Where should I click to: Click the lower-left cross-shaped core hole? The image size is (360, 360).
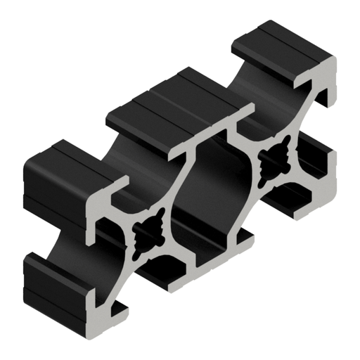[x=149, y=232]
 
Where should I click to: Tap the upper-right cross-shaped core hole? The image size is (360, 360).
[x=272, y=162]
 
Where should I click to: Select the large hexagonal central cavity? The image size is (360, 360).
[x=211, y=190]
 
